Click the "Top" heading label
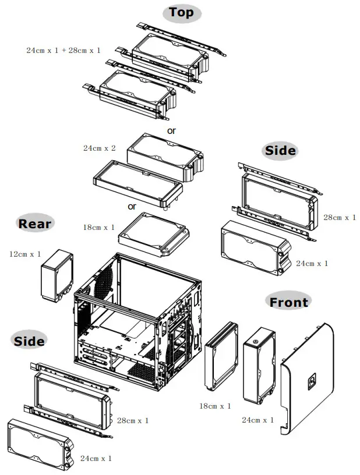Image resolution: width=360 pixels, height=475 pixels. coord(181,13)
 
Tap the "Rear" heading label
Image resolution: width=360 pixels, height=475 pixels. coord(35,224)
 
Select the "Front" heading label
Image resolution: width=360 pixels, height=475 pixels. coord(288,302)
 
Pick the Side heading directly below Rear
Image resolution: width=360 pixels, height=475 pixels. coord(29,341)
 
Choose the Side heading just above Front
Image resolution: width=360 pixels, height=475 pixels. coord(280,151)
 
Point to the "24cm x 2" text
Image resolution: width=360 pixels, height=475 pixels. coord(99,148)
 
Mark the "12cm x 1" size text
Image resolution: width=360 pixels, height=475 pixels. coord(25,254)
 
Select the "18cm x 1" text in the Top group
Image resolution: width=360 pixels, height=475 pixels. coord(99,227)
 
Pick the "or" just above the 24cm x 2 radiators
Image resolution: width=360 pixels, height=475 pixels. coord(171,131)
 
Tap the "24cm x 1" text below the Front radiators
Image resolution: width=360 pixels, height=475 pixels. coord(257,420)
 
